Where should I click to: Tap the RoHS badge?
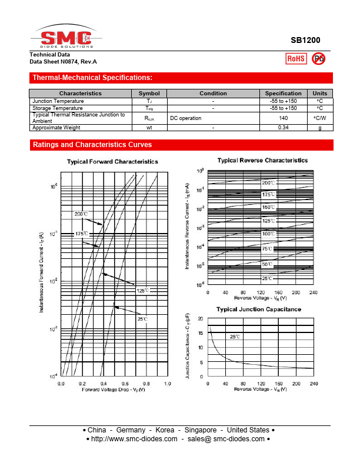click(x=295, y=58)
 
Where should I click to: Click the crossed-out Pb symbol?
click(x=318, y=58)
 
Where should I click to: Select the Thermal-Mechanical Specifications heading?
click(x=92, y=78)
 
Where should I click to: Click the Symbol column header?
click(x=149, y=94)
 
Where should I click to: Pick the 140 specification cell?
click(x=283, y=118)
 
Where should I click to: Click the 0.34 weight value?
click(x=283, y=128)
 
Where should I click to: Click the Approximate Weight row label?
click(x=56, y=128)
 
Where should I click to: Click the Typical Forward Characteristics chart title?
click(x=112, y=161)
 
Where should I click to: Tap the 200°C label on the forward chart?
click(x=81, y=214)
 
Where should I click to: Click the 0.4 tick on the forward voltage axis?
click(x=104, y=384)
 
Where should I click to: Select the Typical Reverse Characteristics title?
click(x=262, y=160)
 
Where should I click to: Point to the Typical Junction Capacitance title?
click(x=259, y=309)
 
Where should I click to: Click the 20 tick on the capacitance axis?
click(x=201, y=319)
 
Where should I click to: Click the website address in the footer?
click(x=132, y=439)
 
